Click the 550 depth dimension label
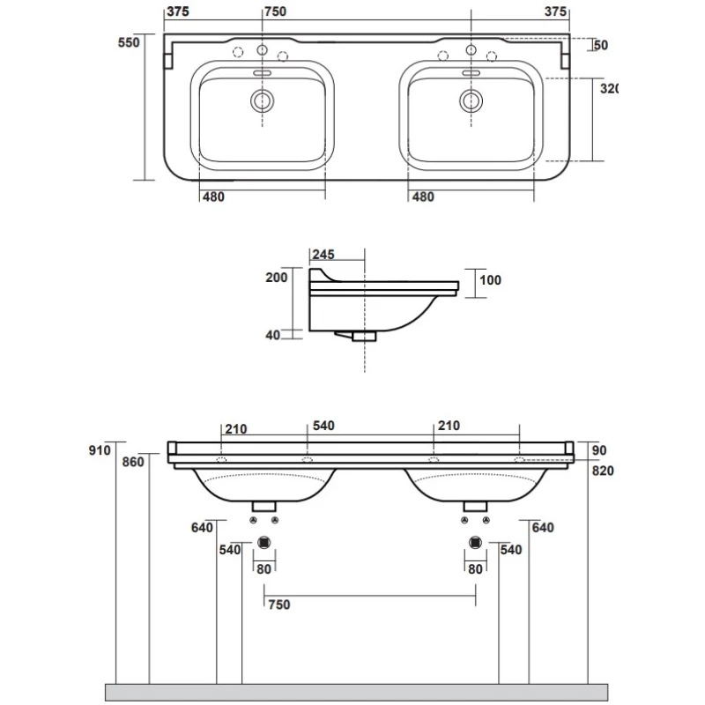click(x=129, y=42)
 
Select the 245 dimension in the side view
click(x=323, y=255)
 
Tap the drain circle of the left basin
click(x=262, y=100)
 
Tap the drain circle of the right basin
click(x=471, y=100)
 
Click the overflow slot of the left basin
click(x=262, y=73)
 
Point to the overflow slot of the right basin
click(x=471, y=73)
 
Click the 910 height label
click(x=100, y=450)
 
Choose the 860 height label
click(x=133, y=462)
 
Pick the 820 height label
click(x=603, y=471)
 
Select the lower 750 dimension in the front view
click(x=279, y=605)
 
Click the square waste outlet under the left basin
click(x=264, y=543)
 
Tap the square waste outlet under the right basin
click(x=475, y=543)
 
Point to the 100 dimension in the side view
click(x=490, y=280)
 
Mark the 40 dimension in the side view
click(x=272, y=335)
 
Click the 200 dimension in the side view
click(x=277, y=278)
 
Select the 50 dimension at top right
click(x=601, y=45)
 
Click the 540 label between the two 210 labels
click(x=323, y=426)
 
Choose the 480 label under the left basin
click(x=213, y=197)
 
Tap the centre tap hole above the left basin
click(x=262, y=50)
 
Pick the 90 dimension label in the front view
click(x=599, y=450)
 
